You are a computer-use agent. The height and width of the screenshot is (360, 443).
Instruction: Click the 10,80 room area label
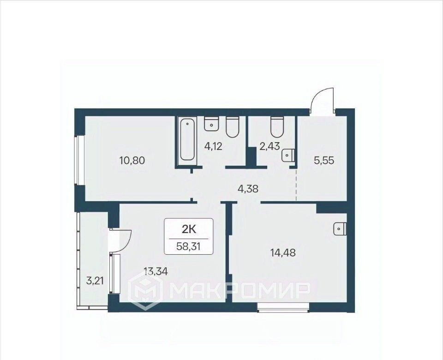point(132,161)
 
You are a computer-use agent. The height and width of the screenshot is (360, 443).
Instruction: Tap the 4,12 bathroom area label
point(213,146)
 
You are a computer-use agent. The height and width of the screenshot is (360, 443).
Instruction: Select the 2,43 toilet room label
point(269,146)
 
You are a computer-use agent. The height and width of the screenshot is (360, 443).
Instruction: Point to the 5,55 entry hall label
point(324,161)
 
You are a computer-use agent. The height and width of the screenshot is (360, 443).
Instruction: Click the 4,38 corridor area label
point(248,188)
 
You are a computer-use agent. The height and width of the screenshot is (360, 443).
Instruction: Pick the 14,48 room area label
point(283,252)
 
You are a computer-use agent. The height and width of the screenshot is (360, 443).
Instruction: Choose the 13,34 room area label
point(156,272)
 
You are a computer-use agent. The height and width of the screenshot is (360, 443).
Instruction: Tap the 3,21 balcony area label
point(96,281)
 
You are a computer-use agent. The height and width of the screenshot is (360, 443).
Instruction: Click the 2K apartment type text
point(189,230)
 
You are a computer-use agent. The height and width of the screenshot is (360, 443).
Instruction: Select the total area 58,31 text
point(188,246)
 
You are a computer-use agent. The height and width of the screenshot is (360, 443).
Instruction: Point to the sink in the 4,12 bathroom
point(211,124)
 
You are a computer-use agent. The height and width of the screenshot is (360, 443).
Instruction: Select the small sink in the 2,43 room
point(288,155)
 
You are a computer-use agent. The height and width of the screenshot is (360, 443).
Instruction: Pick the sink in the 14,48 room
point(340,229)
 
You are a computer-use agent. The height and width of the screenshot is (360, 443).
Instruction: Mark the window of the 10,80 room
point(79,161)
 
